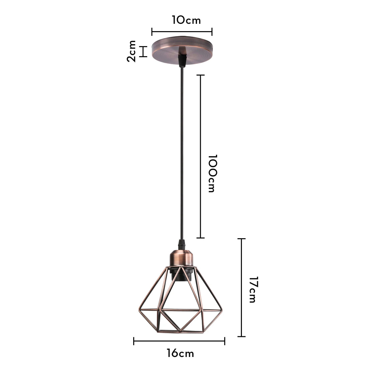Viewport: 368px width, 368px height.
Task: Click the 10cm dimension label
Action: [x=186, y=20]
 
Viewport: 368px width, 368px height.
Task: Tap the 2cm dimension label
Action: [x=132, y=51]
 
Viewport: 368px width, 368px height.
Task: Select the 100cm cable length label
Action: [x=212, y=173]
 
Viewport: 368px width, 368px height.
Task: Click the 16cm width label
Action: [x=180, y=353]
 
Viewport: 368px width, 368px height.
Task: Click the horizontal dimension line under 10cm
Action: [x=182, y=32]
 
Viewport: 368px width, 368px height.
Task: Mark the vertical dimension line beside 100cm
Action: [x=200, y=156]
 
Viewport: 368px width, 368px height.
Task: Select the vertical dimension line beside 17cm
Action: [x=241, y=288]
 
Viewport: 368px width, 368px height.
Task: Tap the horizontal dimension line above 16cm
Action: [x=179, y=341]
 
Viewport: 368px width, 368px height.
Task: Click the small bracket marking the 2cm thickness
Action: [x=144, y=52]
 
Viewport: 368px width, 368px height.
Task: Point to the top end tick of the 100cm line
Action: [x=200, y=75]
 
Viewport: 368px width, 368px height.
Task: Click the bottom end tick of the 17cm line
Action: [x=241, y=336]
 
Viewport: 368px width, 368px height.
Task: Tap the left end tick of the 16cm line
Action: [x=134, y=341]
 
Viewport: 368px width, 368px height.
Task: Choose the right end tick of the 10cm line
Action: [x=212, y=32]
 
